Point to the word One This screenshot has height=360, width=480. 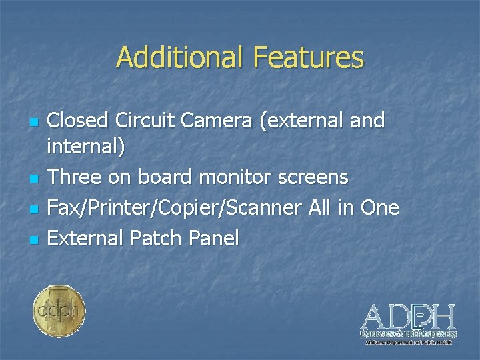[x=379, y=207]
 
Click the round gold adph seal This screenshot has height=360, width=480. [x=59, y=311]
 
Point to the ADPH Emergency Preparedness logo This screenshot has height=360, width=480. [x=408, y=323]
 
